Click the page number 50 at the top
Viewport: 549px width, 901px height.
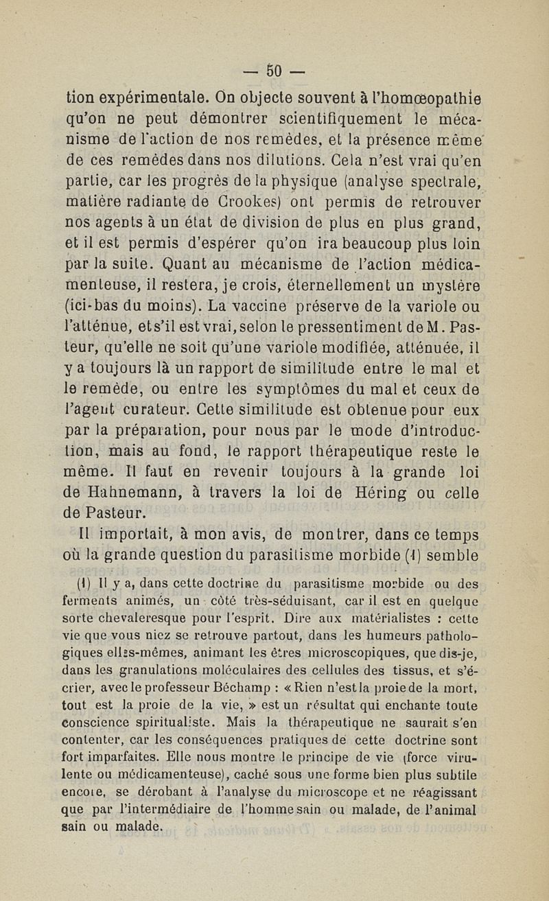click(274, 71)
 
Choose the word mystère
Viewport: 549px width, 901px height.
click(443, 284)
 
